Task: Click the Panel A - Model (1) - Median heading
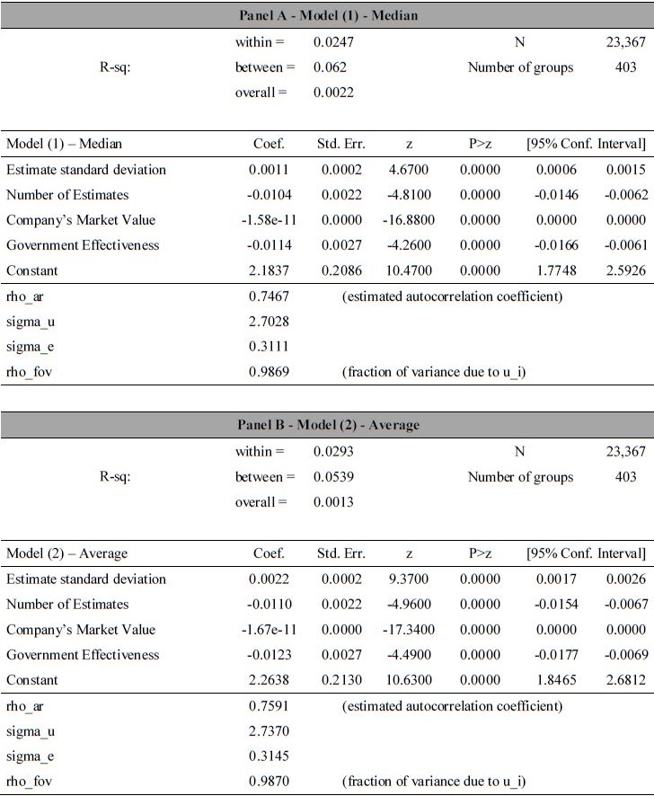coord(329,16)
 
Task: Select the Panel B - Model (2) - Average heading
coord(329,425)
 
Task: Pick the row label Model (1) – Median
coord(65,144)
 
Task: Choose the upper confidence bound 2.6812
coord(626,680)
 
